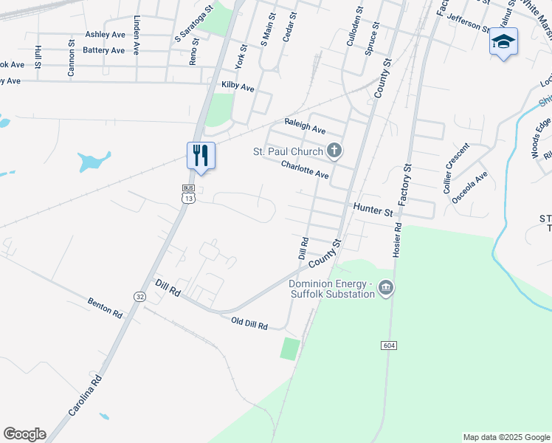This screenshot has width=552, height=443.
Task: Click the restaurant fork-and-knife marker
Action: (201, 156)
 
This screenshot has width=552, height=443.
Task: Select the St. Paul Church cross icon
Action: (334, 151)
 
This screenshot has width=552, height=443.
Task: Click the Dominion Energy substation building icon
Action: (385, 287)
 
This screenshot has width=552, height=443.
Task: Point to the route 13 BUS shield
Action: (190, 195)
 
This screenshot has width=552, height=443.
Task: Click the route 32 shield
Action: (139, 296)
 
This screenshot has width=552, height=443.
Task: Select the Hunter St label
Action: (373, 210)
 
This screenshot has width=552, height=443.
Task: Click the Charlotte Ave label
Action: (304, 170)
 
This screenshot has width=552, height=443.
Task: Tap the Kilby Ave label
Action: (238, 87)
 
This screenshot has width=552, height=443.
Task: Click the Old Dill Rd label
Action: (249, 323)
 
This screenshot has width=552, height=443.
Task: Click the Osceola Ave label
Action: (470, 187)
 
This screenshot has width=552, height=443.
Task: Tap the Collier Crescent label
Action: (456, 168)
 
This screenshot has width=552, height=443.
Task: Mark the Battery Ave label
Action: (104, 50)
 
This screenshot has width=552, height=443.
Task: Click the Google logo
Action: (24, 434)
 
